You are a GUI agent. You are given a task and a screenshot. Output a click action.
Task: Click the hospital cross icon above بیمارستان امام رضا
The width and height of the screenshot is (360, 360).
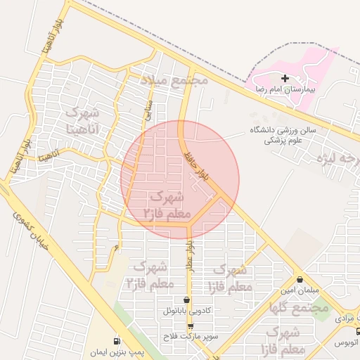tap(285, 78)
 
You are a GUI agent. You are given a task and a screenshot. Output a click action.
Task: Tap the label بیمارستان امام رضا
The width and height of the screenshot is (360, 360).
tap(285, 90)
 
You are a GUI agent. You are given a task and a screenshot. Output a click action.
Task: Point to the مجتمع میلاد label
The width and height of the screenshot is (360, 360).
tap(174, 79)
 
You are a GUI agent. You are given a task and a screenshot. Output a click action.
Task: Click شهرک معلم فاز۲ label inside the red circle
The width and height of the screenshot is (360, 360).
tap(167, 203)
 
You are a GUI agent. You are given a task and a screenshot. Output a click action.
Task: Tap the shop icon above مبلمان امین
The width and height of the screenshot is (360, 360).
tap(300, 280)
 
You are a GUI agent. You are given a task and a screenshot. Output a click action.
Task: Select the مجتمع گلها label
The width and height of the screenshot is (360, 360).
tap(299, 307)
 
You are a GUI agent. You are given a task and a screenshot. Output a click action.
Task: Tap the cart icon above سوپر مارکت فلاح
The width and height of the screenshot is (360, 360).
tap(191, 326)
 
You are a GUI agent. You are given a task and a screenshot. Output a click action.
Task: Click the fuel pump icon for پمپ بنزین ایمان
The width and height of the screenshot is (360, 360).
tap(116, 340)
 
